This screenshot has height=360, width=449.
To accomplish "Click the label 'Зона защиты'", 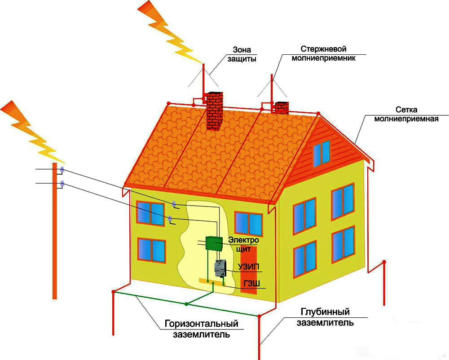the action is point(242,54).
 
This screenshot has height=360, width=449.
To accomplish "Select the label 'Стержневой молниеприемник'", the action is point(323,53).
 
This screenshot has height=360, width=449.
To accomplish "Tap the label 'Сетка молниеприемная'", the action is point(406,114).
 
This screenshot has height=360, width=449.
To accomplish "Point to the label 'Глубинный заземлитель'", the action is point(325,317).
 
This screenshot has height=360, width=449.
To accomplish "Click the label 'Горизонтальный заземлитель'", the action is point(201,329).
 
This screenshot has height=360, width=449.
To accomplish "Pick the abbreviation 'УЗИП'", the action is point(248,267).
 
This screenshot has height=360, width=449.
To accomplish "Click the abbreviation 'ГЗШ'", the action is point(252,284).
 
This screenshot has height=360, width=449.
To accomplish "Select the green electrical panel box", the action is point(214,244).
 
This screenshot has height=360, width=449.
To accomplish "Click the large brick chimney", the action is point(215,111).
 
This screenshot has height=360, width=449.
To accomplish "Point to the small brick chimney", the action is point(282,108).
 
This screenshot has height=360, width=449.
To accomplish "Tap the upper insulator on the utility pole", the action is point(62,169).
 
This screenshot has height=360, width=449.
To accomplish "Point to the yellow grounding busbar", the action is point(212,281).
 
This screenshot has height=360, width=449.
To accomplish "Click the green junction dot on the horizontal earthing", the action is point(187,304).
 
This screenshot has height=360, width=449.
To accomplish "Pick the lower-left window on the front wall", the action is point(152,250).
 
